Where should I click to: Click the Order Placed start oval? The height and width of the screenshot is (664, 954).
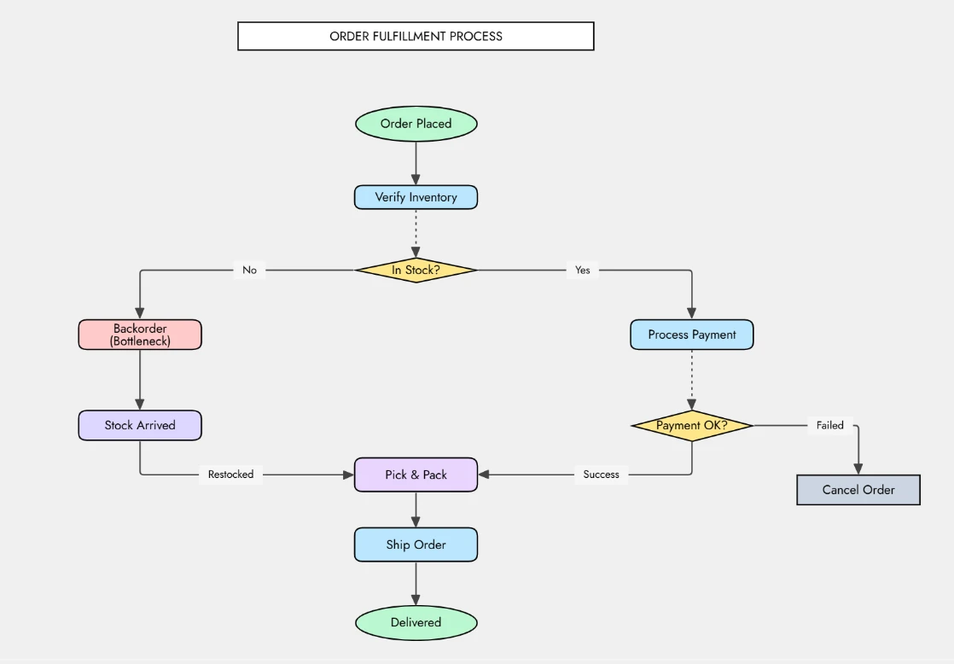[x=416, y=124]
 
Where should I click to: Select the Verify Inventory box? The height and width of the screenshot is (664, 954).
[x=416, y=197]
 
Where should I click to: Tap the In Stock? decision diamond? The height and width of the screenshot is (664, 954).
[x=416, y=270]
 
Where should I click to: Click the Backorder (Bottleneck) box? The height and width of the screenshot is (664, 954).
[x=140, y=335]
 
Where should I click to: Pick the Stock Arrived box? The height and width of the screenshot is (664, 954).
[x=140, y=425]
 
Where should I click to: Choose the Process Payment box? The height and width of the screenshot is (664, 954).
[x=691, y=335]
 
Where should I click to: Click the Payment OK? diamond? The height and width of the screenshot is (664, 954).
[x=691, y=425]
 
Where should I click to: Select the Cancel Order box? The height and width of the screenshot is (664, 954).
[x=858, y=490]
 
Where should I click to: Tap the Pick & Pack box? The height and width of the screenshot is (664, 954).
[x=416, y=475]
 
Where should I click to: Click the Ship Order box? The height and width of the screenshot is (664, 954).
[x=416, y=545]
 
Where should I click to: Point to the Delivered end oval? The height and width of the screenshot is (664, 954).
[x=416, y=622]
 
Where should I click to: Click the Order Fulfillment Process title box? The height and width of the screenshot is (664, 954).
[x=416, y=36]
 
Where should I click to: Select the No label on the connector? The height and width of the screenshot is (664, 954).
[x=249, y=270]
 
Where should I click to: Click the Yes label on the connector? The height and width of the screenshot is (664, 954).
[x=582, y=270]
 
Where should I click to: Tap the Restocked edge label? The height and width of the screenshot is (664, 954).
[x=230, y=475]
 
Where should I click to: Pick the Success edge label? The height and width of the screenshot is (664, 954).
[x=601, y=475]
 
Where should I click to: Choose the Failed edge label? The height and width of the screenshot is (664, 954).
[x=829, y=425]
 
